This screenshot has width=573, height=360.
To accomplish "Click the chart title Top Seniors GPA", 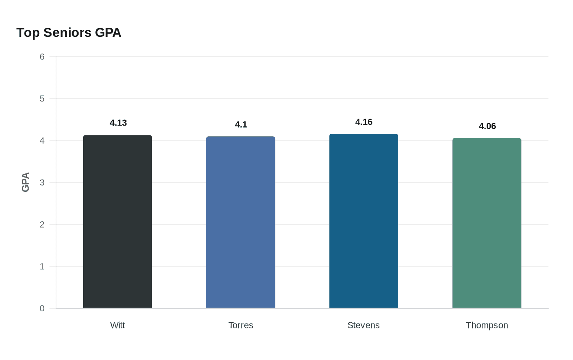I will pyautogui.click(x=69, y=33).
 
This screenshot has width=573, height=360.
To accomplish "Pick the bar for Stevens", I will pyautogui.click(x=363, y=221).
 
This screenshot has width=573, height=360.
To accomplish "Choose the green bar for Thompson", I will pyautogui.click(x=487, y=223).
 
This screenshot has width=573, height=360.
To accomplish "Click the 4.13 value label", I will pyautogui.click(x=118, y=123).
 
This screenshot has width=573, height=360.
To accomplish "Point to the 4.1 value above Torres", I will pyautogui.click(x=241, y=125).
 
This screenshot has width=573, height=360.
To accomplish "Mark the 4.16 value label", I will pyautogui.click(x=364, y=122).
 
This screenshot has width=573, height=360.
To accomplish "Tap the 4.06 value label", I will pyautogui.click(x=487, y=126).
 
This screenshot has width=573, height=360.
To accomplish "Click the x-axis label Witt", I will pyautogui.click(x=117, y=325).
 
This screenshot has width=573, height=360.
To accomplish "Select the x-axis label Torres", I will pyautogui.click(x=241, y=325).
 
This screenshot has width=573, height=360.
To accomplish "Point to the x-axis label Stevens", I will pyautogui.click(x=363, y=325).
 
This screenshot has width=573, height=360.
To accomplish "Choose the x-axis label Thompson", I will pyautogui.click(x=487, y=325).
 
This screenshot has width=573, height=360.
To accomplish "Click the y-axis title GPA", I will pyautogui.click(x=25, y=182).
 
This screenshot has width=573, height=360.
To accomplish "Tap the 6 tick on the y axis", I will pyautogui.click(x=42, y=57).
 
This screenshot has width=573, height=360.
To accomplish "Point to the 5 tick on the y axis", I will pyautogui.click(x=42, y=99).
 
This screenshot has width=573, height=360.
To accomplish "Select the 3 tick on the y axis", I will pyautogui.click(x=42, y=182).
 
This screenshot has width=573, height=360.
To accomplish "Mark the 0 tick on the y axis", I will pyautogui.click(x=42, y=308).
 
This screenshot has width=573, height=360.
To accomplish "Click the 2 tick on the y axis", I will pyautogui.click(x=42, y=225).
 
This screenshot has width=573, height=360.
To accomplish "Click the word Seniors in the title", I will pyautogui.click(x=68, y=33).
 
